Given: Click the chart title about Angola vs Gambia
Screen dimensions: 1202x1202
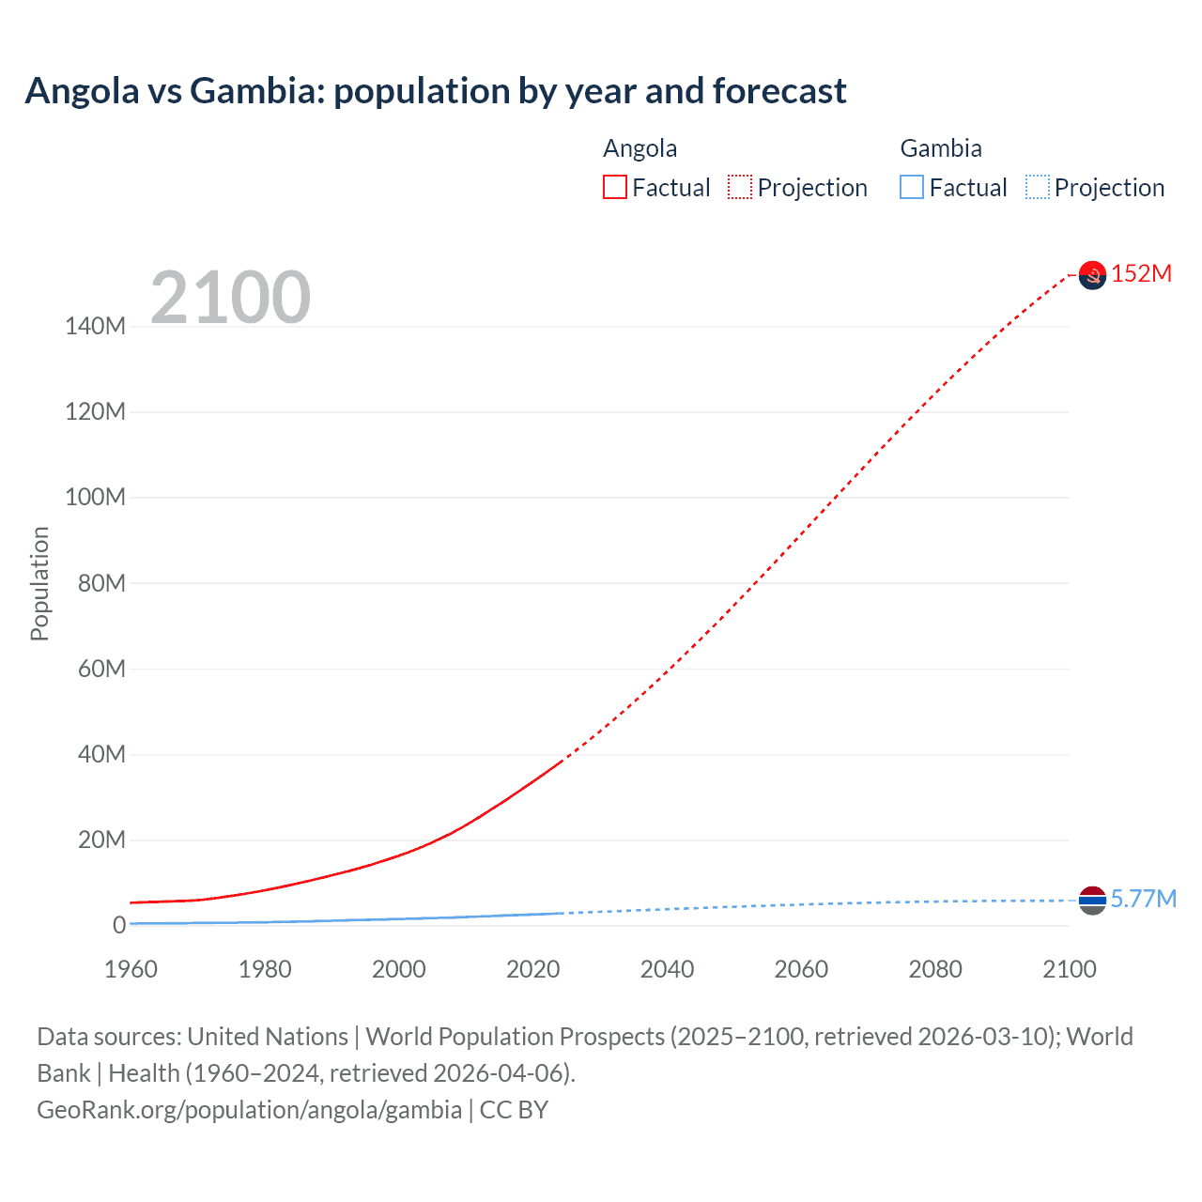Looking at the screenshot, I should pyautogui.click(x=436, y=91).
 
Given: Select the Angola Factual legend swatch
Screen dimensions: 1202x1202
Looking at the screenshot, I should pyautogui.click(x=615, y=187).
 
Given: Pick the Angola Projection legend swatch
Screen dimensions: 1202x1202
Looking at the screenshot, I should pyautogui.click(x=740, y=187).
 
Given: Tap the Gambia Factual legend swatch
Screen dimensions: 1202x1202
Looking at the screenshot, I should pyautogui.click(x=912, y=187).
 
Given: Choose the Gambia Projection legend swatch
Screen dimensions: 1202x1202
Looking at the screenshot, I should pyautogui.click(x=1038, y=187).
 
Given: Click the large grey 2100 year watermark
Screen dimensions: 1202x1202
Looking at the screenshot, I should pyautogui.click(x=230, y=298).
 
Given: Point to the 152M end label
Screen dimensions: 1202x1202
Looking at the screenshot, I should pyautogui.click(x=1141, y=273).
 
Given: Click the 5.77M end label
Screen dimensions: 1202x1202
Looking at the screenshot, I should pyautogui.click(x=1143, y=899).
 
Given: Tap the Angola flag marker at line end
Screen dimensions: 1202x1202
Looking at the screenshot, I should pyautogui.click(x=1092, y=275).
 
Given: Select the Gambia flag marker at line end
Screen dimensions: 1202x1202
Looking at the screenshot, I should pyautogui.click(x=1092, y=900).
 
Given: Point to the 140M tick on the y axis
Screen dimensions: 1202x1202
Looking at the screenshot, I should pyautogui.click(x=95, y=326).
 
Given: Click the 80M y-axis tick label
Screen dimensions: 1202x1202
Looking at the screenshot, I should pyautogui.click(x=100, y=583).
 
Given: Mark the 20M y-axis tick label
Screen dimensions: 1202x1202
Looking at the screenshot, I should pyautogui.click(x=100, y=840).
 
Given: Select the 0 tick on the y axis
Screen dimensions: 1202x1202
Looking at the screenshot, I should pyautogui.click(x=118, y=925).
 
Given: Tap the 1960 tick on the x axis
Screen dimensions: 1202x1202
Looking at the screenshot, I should pyautogui.click(x=131, y=969).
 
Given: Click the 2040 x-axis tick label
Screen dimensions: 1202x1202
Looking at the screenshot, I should pyautogui.click(x=667, y=969).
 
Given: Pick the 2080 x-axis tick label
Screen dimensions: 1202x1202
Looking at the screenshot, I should pyautogui.click(x=935, y=969).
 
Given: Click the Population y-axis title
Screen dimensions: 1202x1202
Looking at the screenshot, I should pyautogui.click(x=39, y=583).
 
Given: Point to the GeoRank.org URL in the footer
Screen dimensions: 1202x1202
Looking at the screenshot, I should pyautogui.click(x=249, y=1110).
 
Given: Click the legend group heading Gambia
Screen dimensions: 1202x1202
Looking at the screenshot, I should pyautogui.click(x=941, y=148).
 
